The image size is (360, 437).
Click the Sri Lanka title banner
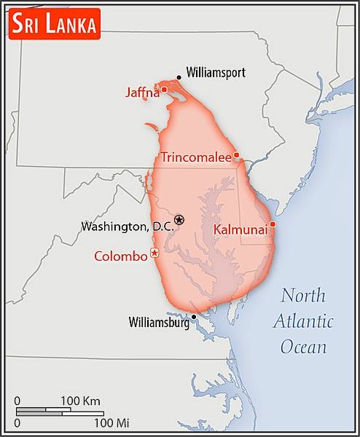[54, 24]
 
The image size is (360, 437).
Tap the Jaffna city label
[141, 92]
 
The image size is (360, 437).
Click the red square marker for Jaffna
[164, 90]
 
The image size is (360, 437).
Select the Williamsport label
[216, 72]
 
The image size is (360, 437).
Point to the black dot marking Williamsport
[179, 77]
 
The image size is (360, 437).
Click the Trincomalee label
[196, 157]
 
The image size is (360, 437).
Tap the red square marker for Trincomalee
[236, 156]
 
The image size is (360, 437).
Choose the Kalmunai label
[240, 229]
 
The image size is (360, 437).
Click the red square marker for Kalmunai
[273, 224]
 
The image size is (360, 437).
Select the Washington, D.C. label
[127, 227]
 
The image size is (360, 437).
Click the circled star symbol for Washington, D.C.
[179, 219]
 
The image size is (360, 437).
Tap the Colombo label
[121, 256]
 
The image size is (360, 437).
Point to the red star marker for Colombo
[154, 253]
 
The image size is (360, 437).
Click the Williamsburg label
[158, 322]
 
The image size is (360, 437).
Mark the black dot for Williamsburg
[194, 317]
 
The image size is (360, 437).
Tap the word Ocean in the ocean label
[304, 346]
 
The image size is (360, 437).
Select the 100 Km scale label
[80, 401]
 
